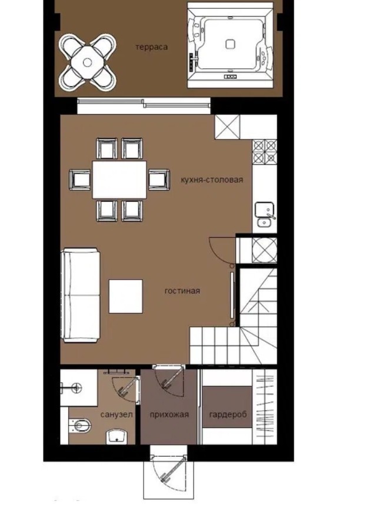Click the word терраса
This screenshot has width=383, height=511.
coord(151,47)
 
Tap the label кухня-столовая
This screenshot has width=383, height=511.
coord(212,180)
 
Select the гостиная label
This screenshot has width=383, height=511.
coord(182,291)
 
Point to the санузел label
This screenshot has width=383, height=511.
coord(116,414)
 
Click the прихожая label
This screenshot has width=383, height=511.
coord(169,414)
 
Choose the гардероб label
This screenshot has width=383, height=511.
coord(228,415)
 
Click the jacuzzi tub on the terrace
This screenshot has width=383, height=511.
coord(230,45)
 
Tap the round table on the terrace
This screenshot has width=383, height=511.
coord(87,62)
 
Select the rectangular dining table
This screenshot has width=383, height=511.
coord(119,180)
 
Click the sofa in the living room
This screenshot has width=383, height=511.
coord(81,295)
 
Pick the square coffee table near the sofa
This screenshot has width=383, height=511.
coord(126,296)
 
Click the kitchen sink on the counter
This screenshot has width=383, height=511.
coord(265,214)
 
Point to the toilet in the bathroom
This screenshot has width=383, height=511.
coord(80,426)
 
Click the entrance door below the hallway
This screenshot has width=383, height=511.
coord(168,472)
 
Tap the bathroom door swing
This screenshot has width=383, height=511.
coord(126,388)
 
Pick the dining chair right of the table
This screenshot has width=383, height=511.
coord(159,179)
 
